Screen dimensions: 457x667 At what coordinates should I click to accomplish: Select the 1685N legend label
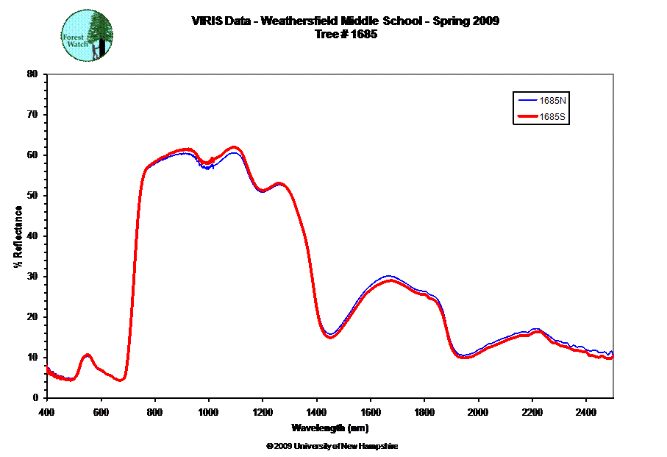coord(554,99)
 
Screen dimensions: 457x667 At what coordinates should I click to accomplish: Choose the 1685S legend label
coord(554,117)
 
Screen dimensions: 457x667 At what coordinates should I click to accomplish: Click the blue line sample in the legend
coord(528,99)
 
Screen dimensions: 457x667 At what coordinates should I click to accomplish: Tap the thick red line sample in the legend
coord(528,117)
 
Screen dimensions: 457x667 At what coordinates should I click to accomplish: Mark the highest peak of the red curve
coord(235,147)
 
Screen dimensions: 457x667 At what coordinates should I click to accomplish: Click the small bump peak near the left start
coord(88,355)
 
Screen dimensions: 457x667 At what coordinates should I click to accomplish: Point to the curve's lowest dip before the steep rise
coord(122,380)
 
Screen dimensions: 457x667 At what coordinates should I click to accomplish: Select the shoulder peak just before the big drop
coord(279,183)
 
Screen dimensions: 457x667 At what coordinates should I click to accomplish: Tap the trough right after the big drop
coord(331,337)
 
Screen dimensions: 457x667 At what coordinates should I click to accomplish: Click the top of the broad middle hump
coord(390,280)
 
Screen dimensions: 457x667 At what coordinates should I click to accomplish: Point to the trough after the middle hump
coord(463,357)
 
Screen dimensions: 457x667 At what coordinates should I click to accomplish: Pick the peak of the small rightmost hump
coord(536,331)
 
